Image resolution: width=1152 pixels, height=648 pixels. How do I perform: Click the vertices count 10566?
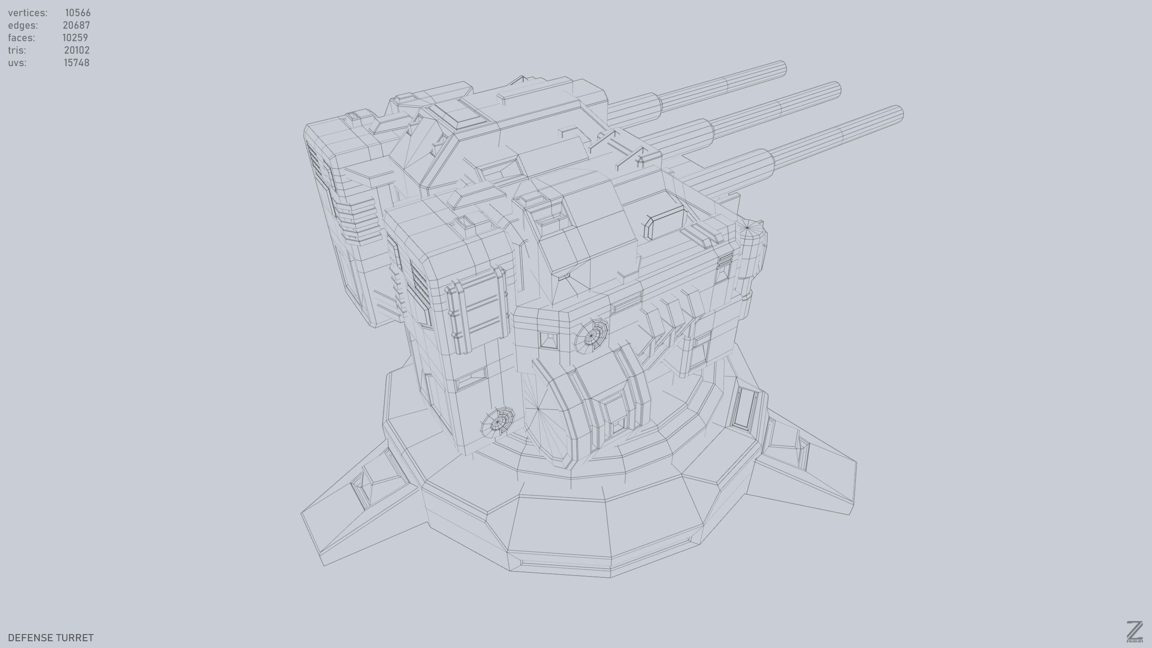click(77, 13)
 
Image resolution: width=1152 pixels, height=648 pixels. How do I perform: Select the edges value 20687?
click(76, 25)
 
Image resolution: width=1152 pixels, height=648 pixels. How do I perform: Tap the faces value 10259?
click(75, 38)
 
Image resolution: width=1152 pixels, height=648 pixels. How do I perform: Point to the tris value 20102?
click(76, 50)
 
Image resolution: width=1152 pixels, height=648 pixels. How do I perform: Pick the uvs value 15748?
click(76, 63)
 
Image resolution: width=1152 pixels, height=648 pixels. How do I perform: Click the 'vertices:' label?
click(27, 13)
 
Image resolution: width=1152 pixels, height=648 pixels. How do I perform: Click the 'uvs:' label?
click(17, 63)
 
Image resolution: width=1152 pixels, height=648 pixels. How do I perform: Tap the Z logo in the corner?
click(1134, 631)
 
